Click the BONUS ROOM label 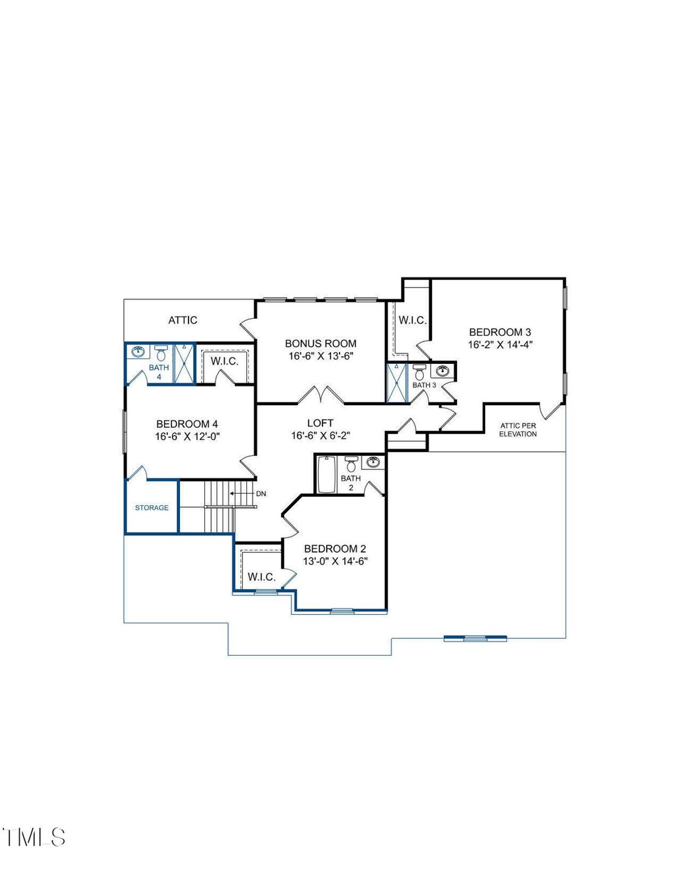[x=320, y=343]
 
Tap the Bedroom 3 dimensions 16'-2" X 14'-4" [x=499, y=344]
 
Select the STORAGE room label [x=151, y=507]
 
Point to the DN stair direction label [x=261, y=494]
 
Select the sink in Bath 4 [x=138, y=351]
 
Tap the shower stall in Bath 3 [x=396, y=382]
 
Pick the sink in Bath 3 [x=443, y=370]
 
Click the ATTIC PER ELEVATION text [x=518, y=429]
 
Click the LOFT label [x=320, y=423]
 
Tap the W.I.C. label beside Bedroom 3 [x=412, y=320]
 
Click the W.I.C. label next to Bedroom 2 [x=262, y=577]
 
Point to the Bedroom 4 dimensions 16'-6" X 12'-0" [x=187, y=436]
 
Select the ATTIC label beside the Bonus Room [x=183, y=320]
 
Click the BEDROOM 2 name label [x=335, y=549]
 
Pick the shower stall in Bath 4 [x=184, y=363]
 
